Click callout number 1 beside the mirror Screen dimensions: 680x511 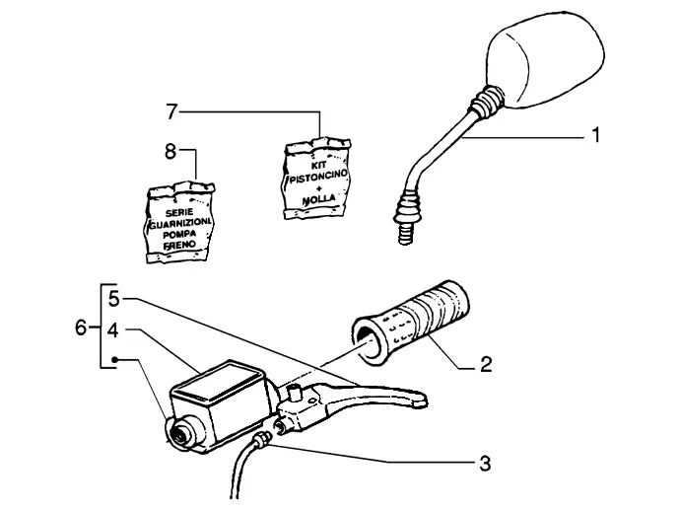[596, 135]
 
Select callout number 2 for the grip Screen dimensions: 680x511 [486, 364]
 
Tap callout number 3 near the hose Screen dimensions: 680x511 [485, 464]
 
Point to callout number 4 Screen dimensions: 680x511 [112, 329]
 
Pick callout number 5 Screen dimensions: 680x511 [113, 299]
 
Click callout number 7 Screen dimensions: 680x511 [171, 112]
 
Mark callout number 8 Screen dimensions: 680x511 [170, 152]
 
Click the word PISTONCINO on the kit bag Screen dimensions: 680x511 [318, 176]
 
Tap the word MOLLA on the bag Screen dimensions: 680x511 [319, 199]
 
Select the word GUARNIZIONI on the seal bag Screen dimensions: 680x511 [180, 224]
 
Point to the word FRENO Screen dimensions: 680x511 [179, 246]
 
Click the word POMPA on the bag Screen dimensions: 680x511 [179, 235]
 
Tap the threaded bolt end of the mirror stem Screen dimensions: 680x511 [405, 233]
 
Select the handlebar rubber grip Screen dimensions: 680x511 [412, 321]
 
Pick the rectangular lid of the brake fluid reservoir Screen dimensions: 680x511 [216, 382]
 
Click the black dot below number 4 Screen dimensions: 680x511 [115, 359]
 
